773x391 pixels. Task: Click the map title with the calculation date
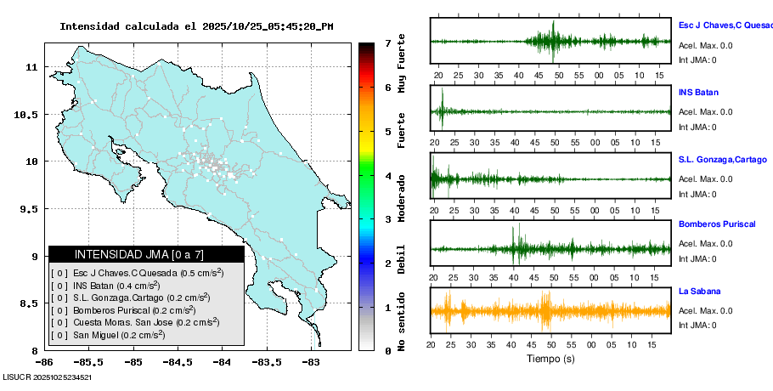(x=196, y=26)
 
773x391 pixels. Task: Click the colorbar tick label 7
(x=387, y=42)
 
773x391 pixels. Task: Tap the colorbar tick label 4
(x=387, y=176)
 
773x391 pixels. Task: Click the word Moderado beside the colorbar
(x=401, y=196)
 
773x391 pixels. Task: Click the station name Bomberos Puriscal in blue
(x=717, y=224)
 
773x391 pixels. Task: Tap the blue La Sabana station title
(x=699, y=292)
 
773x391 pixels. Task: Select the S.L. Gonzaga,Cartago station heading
(x=722, y=159)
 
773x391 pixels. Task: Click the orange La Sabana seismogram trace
(x=550, y=311)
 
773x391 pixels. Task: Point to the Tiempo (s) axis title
(x=550, y=359)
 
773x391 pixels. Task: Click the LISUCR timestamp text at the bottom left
(x=48, y=377)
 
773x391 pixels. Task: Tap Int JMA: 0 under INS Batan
(x=697, y=127)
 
